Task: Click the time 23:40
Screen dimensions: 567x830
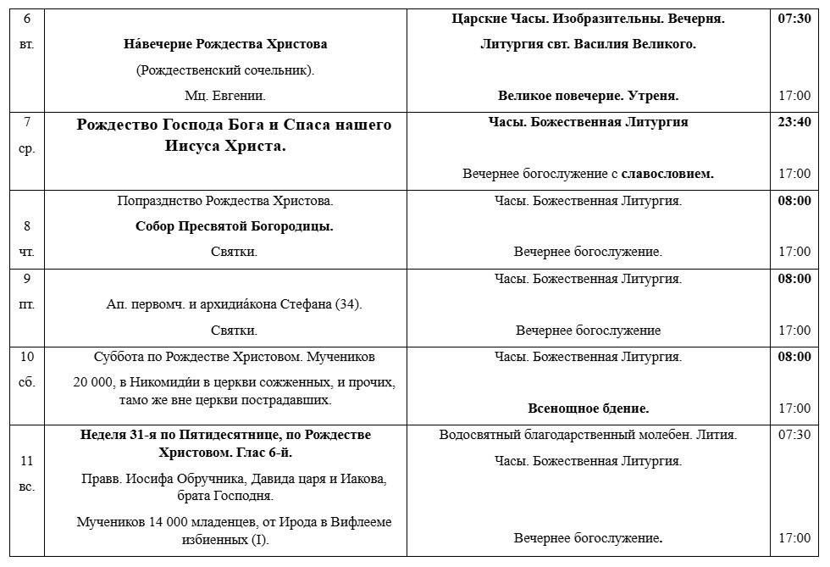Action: point(794,122)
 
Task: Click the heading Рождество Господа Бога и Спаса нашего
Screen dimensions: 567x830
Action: point(234,125)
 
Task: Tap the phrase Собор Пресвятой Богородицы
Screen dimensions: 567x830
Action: point(234,226)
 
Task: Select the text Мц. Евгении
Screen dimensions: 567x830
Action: point(225,96)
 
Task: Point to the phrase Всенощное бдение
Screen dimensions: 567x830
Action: point(588,409)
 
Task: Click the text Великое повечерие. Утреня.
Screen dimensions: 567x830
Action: point(588,96)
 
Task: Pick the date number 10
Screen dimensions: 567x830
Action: point(27,357)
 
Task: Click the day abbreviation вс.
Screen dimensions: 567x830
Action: point(27,486)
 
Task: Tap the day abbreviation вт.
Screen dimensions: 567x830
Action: point(27,43)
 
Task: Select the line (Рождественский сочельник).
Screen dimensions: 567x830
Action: point(225,70)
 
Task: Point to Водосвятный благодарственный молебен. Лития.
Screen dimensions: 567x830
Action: point(588,436)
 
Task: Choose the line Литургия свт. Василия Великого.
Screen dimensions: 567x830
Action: point(588,44)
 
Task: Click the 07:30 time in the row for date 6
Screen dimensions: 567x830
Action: point(794,18)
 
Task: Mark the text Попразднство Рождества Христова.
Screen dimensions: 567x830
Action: point(225,201)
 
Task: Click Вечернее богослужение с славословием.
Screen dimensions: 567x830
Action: point(588,174)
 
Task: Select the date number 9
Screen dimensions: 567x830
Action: point(27,279)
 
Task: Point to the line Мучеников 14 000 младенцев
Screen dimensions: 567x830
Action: point(234,522)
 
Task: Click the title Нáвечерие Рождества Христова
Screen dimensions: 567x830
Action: point(224,44)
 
